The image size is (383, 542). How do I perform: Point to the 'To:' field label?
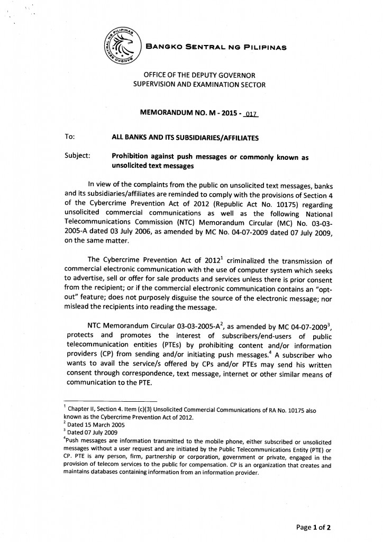[x=70, y=137]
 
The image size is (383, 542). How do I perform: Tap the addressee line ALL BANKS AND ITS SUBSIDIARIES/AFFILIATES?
[x=185, y=138]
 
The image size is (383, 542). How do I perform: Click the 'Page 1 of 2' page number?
[x=314, y=527]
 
